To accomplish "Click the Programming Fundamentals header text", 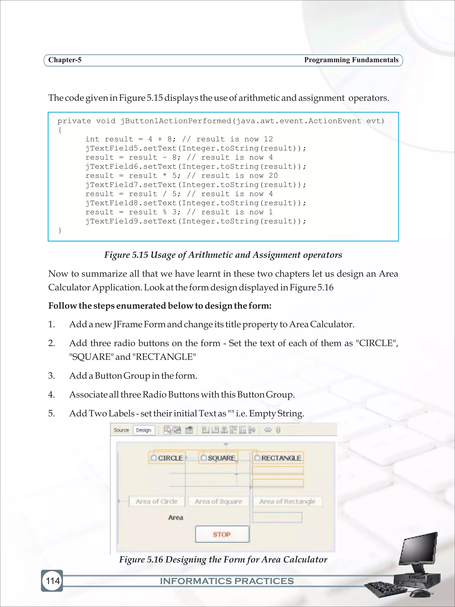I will pos(351,60).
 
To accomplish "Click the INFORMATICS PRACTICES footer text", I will pos(227,581).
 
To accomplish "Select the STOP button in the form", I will pos(222,534).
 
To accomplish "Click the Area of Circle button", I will pos(157,501).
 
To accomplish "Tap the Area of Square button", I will pos(218,501).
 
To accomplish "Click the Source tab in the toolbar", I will pos(121,430).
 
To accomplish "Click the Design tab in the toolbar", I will pos(144,430).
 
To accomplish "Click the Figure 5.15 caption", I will pos(223,255).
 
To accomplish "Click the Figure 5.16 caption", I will pos(223,559).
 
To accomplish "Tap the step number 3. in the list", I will pos(52,375).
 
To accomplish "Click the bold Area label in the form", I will pos(176,518).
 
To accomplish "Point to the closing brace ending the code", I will pos(60,230).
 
